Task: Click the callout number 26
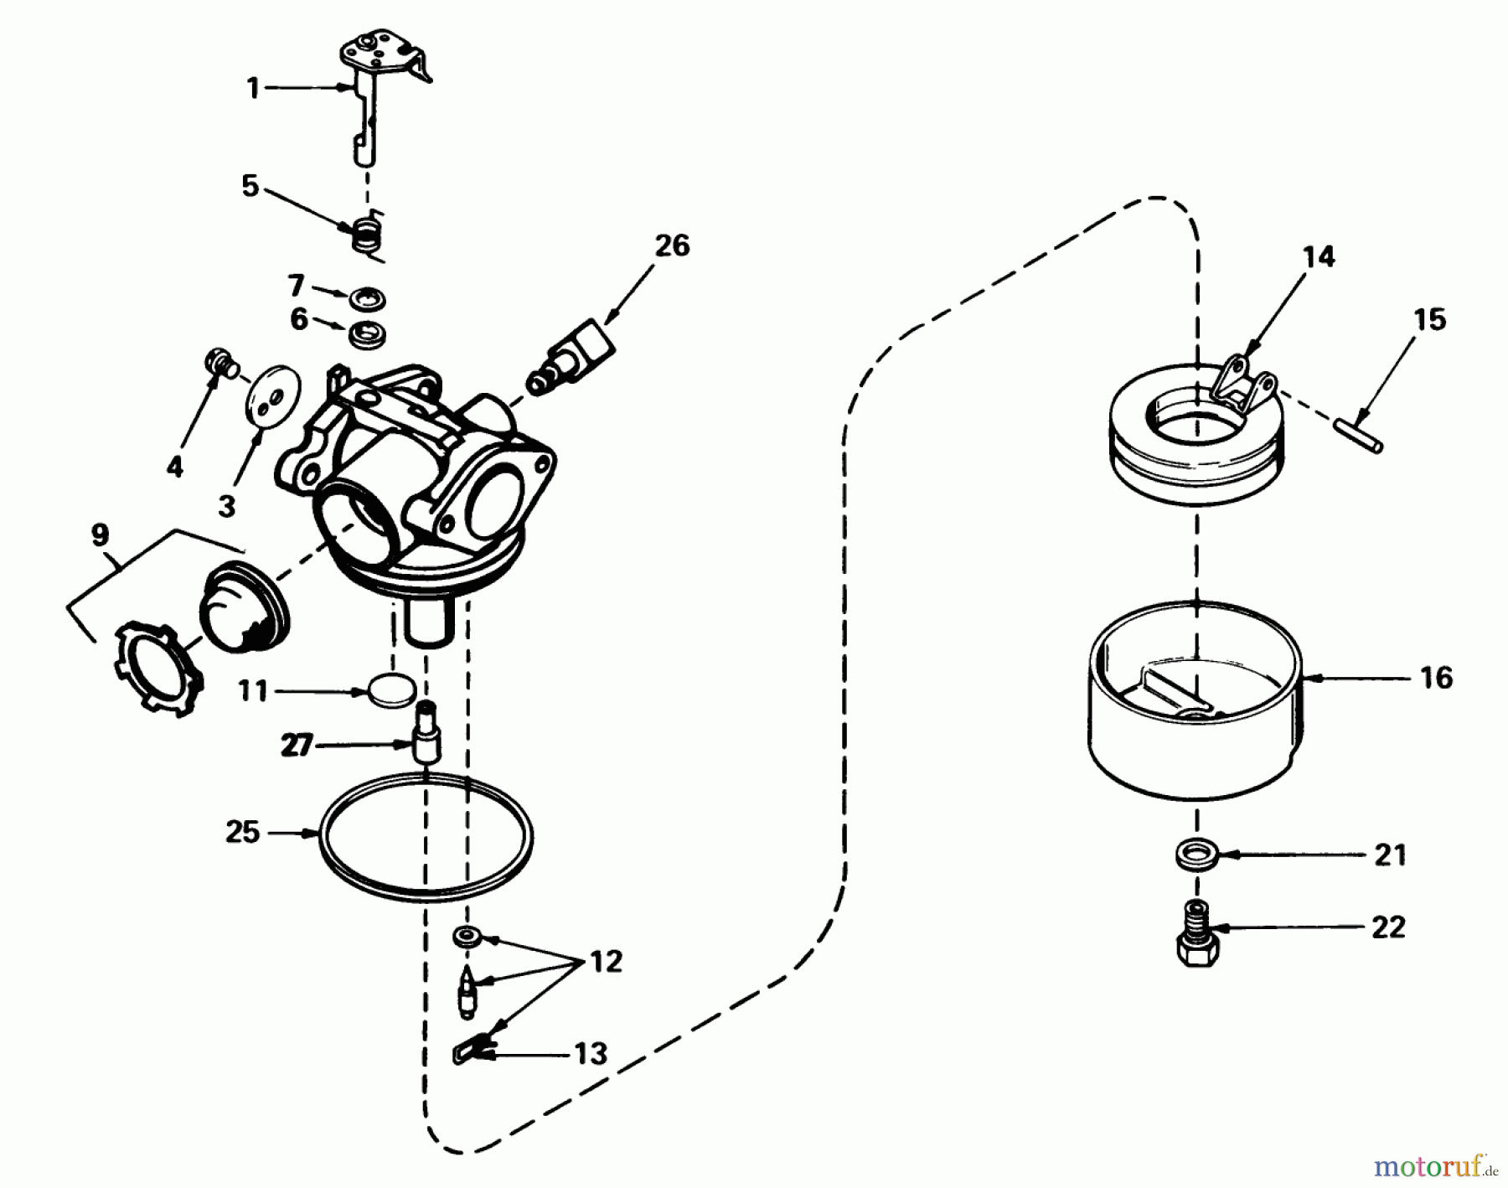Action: point(672,245)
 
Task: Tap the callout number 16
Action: point(1437,677)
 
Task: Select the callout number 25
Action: point(243,833)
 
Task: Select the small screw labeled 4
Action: point(219,364)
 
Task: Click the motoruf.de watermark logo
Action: point(1434,1165)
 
